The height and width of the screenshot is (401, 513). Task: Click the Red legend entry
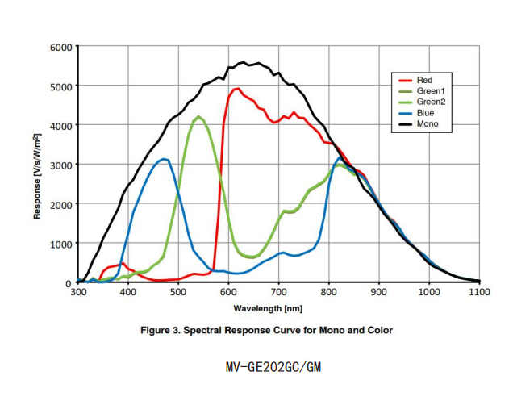[424, 81]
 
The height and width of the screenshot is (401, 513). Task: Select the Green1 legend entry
[428, 92]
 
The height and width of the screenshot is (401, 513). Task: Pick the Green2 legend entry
[428, 103]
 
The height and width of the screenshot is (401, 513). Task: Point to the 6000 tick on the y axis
[61, 47]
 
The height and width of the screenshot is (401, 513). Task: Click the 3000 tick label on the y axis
[61, 165]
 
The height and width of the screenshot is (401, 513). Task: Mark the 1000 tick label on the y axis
[61, 244]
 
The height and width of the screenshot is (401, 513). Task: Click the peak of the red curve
[236, 89]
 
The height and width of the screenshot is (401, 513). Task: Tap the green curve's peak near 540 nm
[198, 117]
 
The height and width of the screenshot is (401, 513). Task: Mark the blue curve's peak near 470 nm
[165, 159]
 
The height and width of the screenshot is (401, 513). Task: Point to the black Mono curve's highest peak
[244, 63]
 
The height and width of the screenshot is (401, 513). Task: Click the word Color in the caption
[377, 330]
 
